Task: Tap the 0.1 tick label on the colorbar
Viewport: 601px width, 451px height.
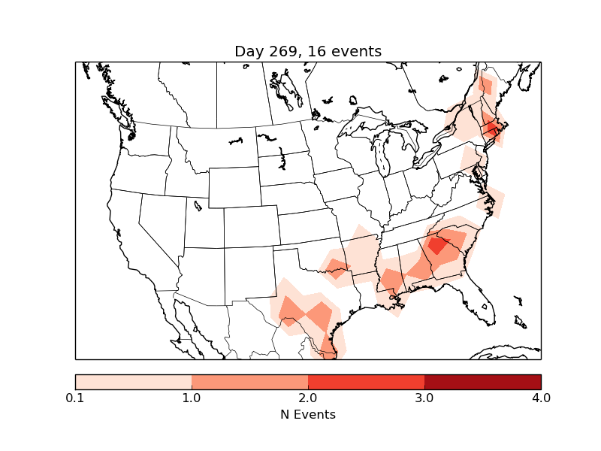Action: [x=75, y=398]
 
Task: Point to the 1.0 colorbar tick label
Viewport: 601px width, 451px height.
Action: [x=192, y=398]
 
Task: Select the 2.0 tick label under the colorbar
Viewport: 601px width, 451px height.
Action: [x=308, y=398]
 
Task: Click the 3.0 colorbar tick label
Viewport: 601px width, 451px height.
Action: [x=424, y=398]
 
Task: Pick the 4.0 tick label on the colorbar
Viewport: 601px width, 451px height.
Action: [x=541, y=398]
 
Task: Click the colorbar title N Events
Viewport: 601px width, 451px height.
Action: [x=308, y=414]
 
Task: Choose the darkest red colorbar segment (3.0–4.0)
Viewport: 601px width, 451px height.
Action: [x=482, y=382]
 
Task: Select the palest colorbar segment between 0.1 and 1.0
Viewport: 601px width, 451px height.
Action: [x=133, y=382]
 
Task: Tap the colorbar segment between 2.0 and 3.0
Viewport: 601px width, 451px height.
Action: [x=366, y=382]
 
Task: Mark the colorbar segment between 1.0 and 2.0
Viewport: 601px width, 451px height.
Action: [x=249, y=382]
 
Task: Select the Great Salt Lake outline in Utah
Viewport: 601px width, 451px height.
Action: [x=198, y=204]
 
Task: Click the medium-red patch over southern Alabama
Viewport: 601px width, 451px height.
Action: [x=391, y=282]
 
